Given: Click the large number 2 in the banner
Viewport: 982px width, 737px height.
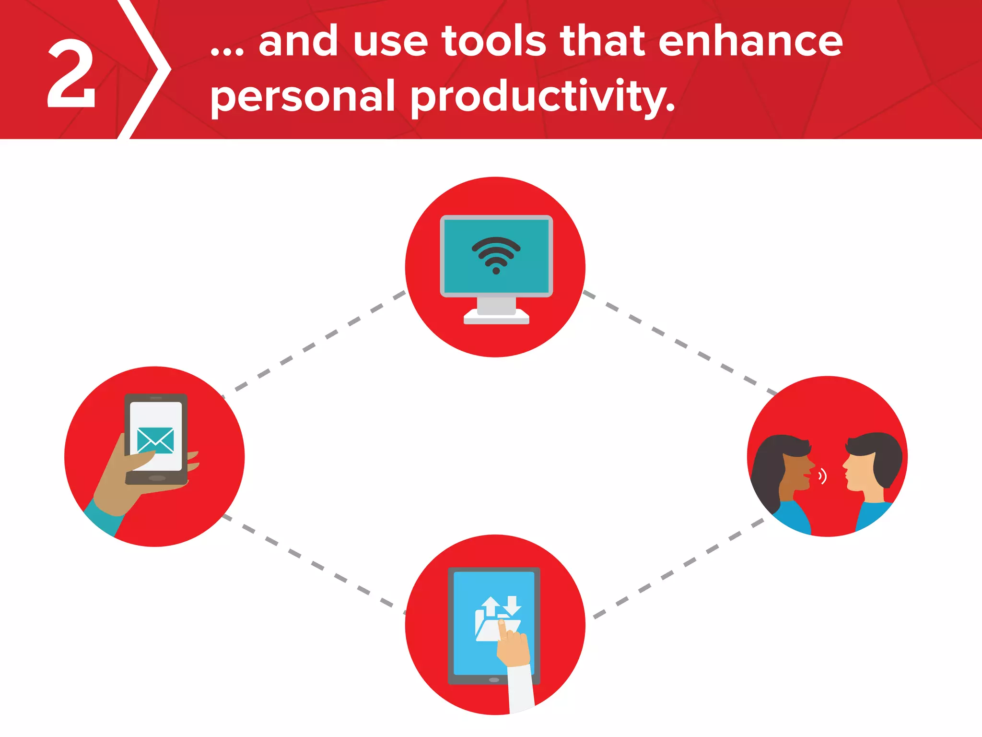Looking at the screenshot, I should (72, 74).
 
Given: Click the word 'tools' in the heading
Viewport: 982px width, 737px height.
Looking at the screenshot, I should (494, 42).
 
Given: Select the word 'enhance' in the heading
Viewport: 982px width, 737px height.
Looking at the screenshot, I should (750, 42).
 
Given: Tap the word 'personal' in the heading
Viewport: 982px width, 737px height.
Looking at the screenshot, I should (302, 97).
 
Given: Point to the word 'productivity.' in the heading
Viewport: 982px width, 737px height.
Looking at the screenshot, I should (542, 97).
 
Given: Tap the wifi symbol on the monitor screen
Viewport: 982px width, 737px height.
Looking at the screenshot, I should (496, 255).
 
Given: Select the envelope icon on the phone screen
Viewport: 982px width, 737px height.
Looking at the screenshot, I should (155, 440).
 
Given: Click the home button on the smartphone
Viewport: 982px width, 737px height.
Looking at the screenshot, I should (157, 478).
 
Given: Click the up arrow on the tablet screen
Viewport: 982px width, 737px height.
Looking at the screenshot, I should (490, 606).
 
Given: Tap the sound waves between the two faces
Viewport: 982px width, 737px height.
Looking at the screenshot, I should (822, 476).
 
